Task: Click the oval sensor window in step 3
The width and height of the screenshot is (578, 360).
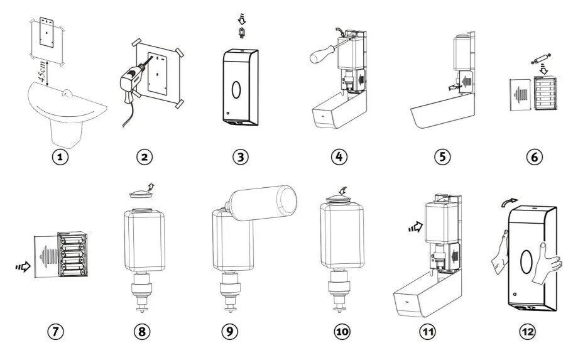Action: [235, 89]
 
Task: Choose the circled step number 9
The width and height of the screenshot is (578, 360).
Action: [230, 332]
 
